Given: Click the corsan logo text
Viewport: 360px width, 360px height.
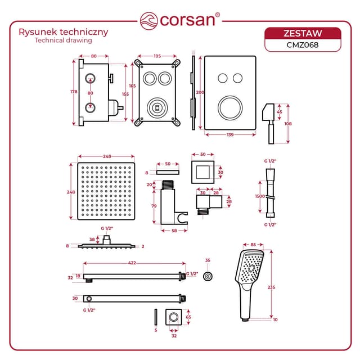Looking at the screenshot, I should [187, 20].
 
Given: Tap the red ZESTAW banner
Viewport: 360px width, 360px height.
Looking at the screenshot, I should [303, 33].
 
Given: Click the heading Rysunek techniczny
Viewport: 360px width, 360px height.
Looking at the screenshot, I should [64, 32].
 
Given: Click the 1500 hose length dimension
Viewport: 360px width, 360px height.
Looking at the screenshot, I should [260, 197].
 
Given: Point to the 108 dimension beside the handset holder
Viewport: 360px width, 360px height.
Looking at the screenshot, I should [289, 123].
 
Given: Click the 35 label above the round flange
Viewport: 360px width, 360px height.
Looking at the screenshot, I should [208, 260].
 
